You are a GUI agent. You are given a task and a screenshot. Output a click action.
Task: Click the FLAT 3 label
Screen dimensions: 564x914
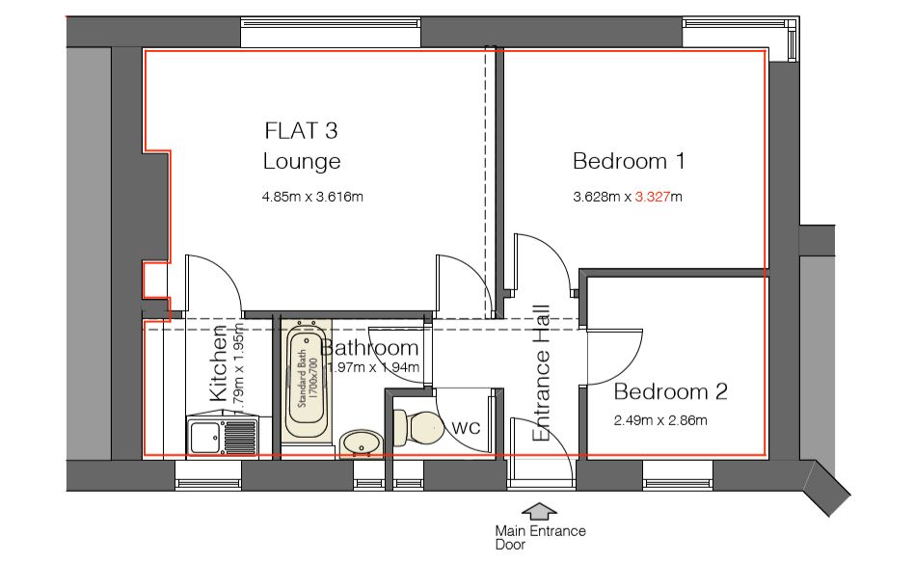click(301, 130)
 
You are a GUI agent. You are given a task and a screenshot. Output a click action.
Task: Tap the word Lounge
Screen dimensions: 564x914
click(302, 161)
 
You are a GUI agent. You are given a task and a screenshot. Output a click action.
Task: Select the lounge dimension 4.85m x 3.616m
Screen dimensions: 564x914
click(311, 197)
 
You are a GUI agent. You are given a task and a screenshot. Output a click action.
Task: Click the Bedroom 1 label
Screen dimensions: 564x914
click(629, 161)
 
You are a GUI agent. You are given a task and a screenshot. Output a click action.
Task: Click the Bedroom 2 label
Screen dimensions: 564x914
click(670, 392)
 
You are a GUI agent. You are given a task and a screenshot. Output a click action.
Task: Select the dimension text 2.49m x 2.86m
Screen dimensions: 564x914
click(660, 420)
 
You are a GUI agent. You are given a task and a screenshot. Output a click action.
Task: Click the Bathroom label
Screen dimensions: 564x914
click(370, 348)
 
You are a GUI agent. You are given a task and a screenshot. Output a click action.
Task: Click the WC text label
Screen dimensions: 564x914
click(466, 426)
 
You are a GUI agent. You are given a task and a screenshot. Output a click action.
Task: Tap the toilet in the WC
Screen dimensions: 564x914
click(414, 425)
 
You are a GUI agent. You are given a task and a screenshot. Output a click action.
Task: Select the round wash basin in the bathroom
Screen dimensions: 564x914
click(361, 443)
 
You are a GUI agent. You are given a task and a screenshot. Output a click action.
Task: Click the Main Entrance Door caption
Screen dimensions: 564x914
click(539, 537)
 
